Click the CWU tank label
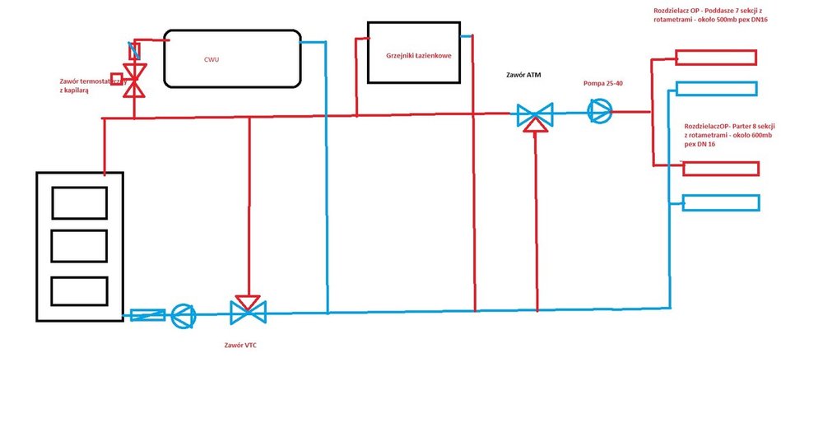(x=212, y=59)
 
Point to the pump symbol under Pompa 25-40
(x=600, y=111)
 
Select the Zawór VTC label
(x=239, y=345)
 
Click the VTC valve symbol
(x=248, y=310)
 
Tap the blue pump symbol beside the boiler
(x=181, y=313)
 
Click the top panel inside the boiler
(x=80, y=202)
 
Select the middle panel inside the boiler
(x=80, y=246)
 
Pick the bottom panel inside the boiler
(x=80, y=290)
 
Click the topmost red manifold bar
(x=716, y=58)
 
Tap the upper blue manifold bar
(x=716, y=89)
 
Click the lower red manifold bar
(x=720, y=169)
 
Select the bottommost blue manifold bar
(x=720, y=202)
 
